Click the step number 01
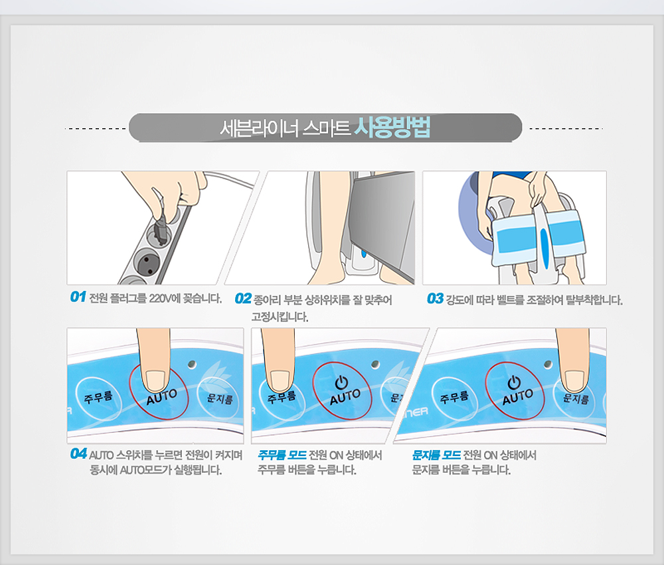78,297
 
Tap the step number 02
243,299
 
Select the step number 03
435,299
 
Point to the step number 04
79,453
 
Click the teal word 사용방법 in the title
392,127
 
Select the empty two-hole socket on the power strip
147,260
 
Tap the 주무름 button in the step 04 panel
98,397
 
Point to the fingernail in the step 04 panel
155,380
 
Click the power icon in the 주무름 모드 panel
341,382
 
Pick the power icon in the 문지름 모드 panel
514,382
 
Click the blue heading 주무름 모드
282,455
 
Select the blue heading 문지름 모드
437,455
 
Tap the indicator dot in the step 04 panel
193,364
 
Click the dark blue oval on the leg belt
544,248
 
